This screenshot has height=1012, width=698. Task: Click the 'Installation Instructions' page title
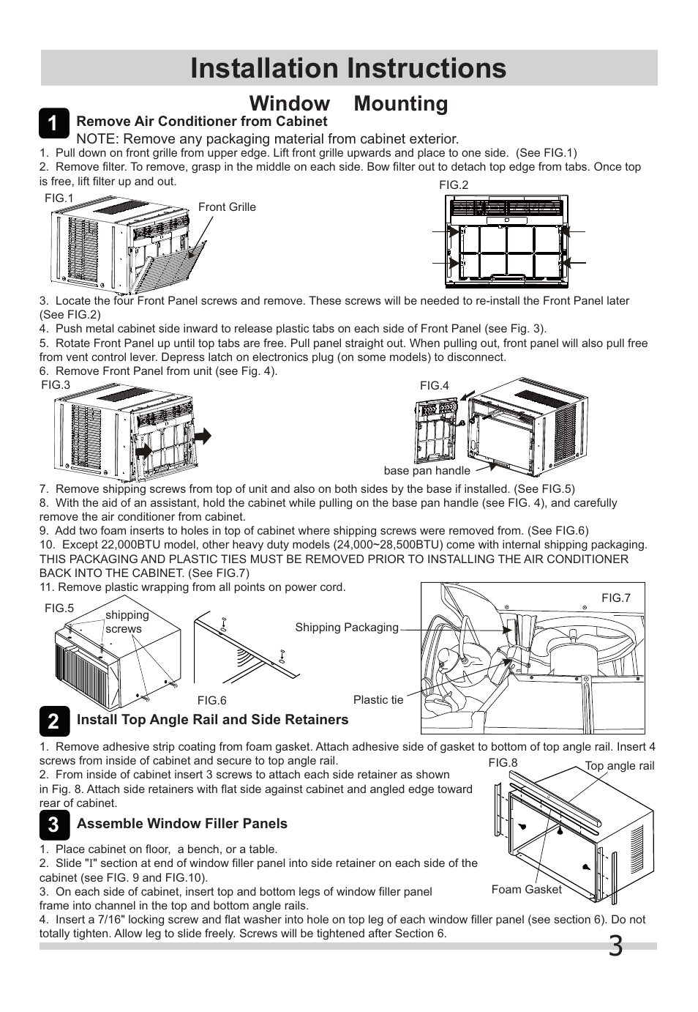[x=348, y=68]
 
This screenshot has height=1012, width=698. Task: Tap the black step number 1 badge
[x=54, y=123]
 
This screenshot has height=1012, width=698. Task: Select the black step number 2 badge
[x=54, y=721]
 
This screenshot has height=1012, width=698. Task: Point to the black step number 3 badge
[x=54, y=825]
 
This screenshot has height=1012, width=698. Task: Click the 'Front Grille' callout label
[x=227, y=207]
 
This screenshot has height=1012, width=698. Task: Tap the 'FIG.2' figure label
[x=454, y=185]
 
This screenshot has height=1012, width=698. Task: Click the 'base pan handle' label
[x=427, y=471]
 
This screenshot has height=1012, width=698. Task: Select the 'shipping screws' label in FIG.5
[x=127, y=622]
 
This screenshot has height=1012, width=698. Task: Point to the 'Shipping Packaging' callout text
[x=347, y=628]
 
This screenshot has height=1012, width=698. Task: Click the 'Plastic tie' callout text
[x=378, y=700]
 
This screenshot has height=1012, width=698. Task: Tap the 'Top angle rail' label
[x=619, y=766]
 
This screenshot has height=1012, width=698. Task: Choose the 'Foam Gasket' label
[x=526, y=890]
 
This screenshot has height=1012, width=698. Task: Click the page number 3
[x=616, y=947]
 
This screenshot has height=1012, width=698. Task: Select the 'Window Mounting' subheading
[x=348, y=103]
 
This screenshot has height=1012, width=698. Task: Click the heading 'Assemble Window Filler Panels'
[x=182, y=824]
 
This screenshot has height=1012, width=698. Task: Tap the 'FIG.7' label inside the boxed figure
[x=615, y=598]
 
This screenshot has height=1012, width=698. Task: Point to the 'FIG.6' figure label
[x=211, y=701]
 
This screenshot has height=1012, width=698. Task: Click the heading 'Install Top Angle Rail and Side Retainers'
[x=212, y=720]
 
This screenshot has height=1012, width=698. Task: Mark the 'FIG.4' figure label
[x=434, y=386]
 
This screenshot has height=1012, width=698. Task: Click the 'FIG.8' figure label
[x=503, y=763]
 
